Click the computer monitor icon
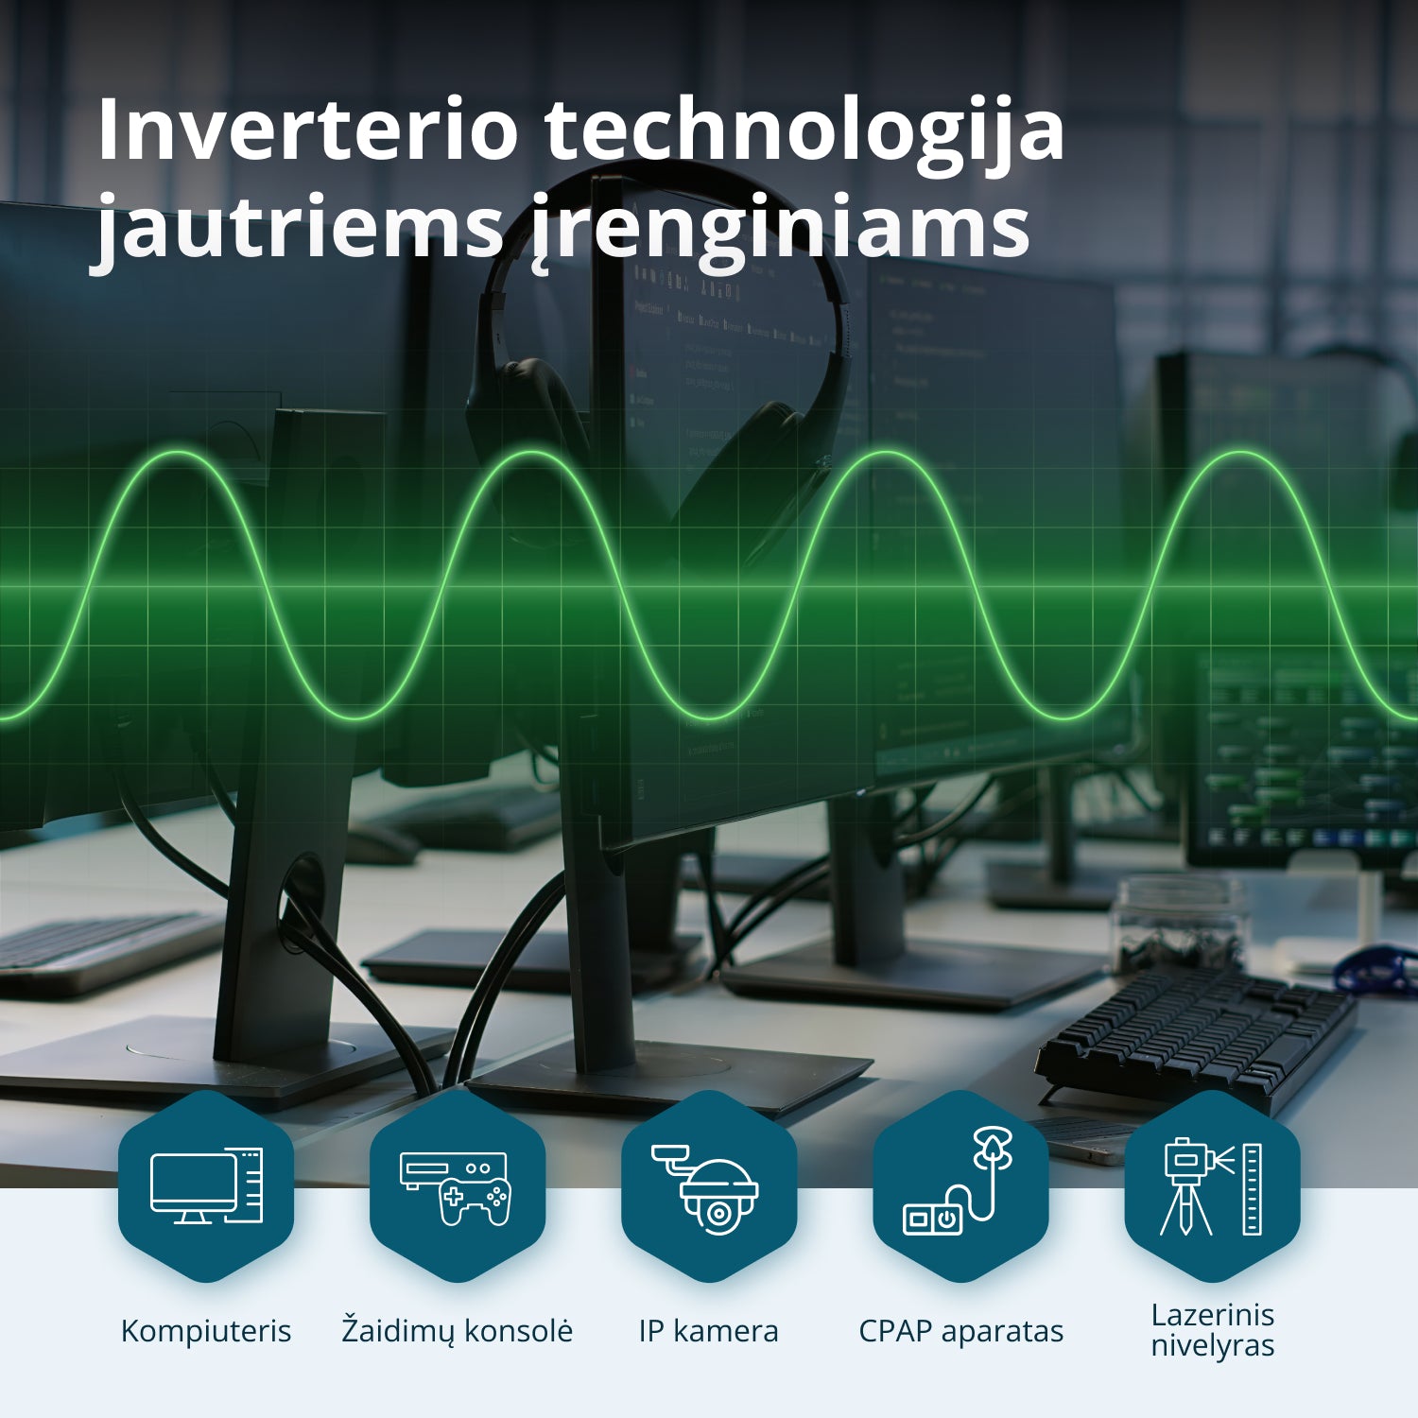pyautogui.click(x=206, y=1186)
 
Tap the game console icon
pyautogui.click(x=458, y=1187)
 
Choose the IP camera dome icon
pyautogui.click(x=709, y=1187)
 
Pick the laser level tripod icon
pyautogui.click(x=1212, y=1187)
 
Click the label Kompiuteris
pyautogui.click(x=206, y=1331)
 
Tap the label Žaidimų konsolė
pyautogui.click(x=458, y=1330)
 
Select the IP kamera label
pyautogui.click(x=709, y=1331)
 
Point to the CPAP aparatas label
pyautogui.click(x=960, y=1331)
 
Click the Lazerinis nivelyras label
pyautogui.click(x=1212, y=1330)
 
